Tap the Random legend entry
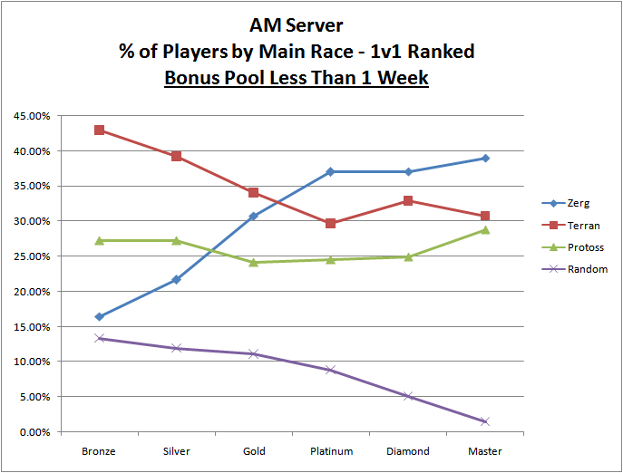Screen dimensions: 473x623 click(585, 269)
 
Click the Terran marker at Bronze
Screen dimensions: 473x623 click(99, 130)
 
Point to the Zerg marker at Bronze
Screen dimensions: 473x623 click(99, 317)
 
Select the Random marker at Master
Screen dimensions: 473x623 click(485, 421)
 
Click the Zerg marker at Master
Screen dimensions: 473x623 click(485, 159)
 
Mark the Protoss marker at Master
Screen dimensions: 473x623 click(485, 230)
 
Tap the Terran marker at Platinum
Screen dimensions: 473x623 click(331, 223)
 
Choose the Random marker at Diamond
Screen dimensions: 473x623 click(408, 396)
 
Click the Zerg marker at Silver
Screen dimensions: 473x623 click(176, 280)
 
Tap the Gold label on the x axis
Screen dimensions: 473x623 click(253, 450)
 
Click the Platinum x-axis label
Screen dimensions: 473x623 click(331, 450)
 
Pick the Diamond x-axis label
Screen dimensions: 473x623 click(408, 450)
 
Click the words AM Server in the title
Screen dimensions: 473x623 click(296, 27)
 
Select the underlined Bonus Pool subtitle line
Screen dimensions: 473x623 click(296, 78)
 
